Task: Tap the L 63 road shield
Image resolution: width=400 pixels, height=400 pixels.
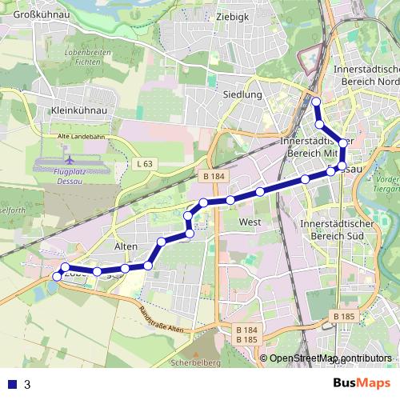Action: [x=144, y=164]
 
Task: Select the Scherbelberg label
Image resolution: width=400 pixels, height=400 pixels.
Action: [x=196, y=362]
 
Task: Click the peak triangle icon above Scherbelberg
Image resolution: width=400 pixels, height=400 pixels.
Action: [x=196, y=351]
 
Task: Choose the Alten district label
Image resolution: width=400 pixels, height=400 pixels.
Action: [x=127, y=247]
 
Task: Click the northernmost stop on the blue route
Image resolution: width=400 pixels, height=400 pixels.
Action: [x=316, y=102]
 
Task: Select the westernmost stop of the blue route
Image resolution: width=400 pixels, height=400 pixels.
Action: [x=56, y=276]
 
